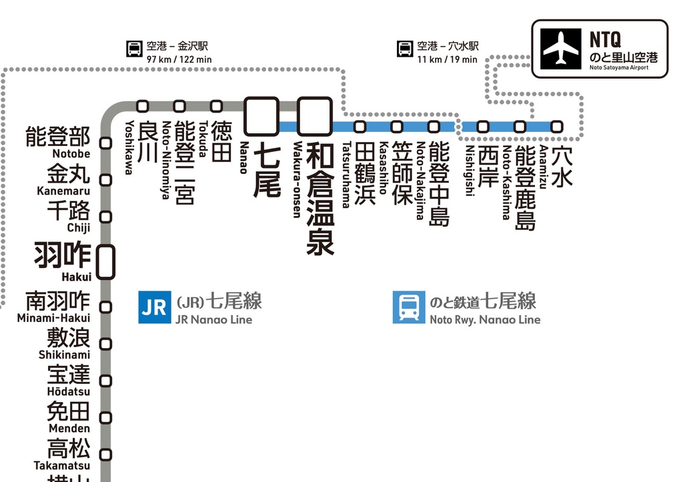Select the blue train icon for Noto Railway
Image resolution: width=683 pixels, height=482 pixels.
click(x=409, y=307)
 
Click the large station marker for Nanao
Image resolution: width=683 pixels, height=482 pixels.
click(x=261, y=116)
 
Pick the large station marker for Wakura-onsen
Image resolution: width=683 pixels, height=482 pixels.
click(x=314, y=116)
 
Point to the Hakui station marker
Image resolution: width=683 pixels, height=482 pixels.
click(x=105, y=261)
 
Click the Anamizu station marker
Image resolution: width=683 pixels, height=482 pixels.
click(x=556, y=126)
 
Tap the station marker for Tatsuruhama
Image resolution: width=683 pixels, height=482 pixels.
click(x=360, y=126)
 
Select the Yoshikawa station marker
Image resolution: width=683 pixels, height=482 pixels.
click(x=142, y=105)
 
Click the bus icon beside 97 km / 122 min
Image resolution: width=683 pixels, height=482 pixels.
click(x=134, y=49)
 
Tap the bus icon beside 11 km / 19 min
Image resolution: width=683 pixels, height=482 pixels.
click(x=405, y=49)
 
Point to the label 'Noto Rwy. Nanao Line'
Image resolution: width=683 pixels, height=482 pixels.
click(x=485, y=320)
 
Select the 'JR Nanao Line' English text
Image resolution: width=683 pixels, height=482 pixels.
click(x=213, y=320)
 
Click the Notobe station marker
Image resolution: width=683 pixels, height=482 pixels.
click(x=105, y=142)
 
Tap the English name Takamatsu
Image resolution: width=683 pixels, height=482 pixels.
click(x=62, y=465)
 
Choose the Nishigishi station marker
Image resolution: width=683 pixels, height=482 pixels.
click(x=483, y=126)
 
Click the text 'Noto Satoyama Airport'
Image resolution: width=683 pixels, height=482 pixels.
click(x=618, y=67)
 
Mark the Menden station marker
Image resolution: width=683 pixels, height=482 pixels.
click(x=105, y=417)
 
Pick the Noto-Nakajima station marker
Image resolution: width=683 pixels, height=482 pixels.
click(x=434, y=126)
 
